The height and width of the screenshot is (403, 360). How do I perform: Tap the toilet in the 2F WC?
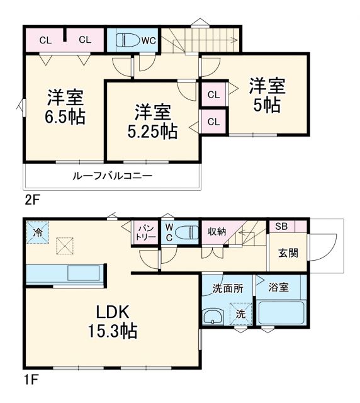[x=128, y=40]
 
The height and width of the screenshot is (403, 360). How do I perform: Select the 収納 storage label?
[x=217, y=232]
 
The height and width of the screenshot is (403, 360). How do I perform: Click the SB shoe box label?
[x=279, y=226]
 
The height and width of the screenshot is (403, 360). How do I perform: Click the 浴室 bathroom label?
[x=279, y=287]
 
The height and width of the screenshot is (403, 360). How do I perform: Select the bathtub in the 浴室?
[x=281, y=312]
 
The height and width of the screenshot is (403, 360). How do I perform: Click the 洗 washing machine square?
[x=240, y=313]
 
